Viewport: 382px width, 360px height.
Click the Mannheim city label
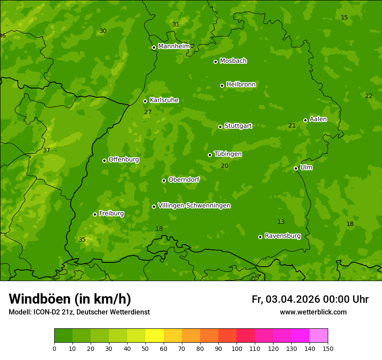174,46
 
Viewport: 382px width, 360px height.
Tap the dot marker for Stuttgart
220,127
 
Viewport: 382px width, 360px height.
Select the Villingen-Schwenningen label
194,206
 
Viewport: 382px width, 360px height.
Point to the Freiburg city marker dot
95,214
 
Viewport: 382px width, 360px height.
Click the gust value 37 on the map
46,151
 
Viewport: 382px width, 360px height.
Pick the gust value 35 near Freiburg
82,239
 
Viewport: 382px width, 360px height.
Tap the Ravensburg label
283,236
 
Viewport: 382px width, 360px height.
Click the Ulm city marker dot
296,168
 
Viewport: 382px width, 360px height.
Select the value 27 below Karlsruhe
148,112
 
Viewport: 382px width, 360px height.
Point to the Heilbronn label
241,85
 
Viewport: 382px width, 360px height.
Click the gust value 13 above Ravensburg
281,222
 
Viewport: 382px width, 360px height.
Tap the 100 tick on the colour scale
237,348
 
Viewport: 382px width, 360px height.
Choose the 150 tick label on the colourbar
328,348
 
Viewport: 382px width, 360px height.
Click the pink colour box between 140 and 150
319,336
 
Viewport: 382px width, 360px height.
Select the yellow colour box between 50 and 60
155,336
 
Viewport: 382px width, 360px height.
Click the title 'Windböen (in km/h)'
70,299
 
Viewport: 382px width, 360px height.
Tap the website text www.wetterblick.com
313,312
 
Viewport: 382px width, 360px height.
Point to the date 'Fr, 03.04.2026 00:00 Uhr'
310,299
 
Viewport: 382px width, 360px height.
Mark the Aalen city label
318,119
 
